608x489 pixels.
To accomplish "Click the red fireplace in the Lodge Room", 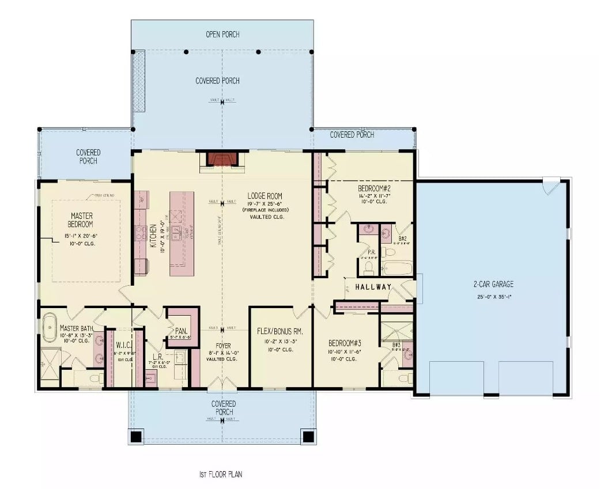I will click(222, 159).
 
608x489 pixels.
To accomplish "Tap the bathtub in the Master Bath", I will click(49, 327).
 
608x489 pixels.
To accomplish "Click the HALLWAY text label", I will click(373, 287).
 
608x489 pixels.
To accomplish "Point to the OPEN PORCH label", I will click(222, 35).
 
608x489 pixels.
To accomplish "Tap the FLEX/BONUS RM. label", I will click(280, 332).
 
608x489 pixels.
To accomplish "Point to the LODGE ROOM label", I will click(265, 196).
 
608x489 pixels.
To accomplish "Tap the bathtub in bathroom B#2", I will click(398, 268).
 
